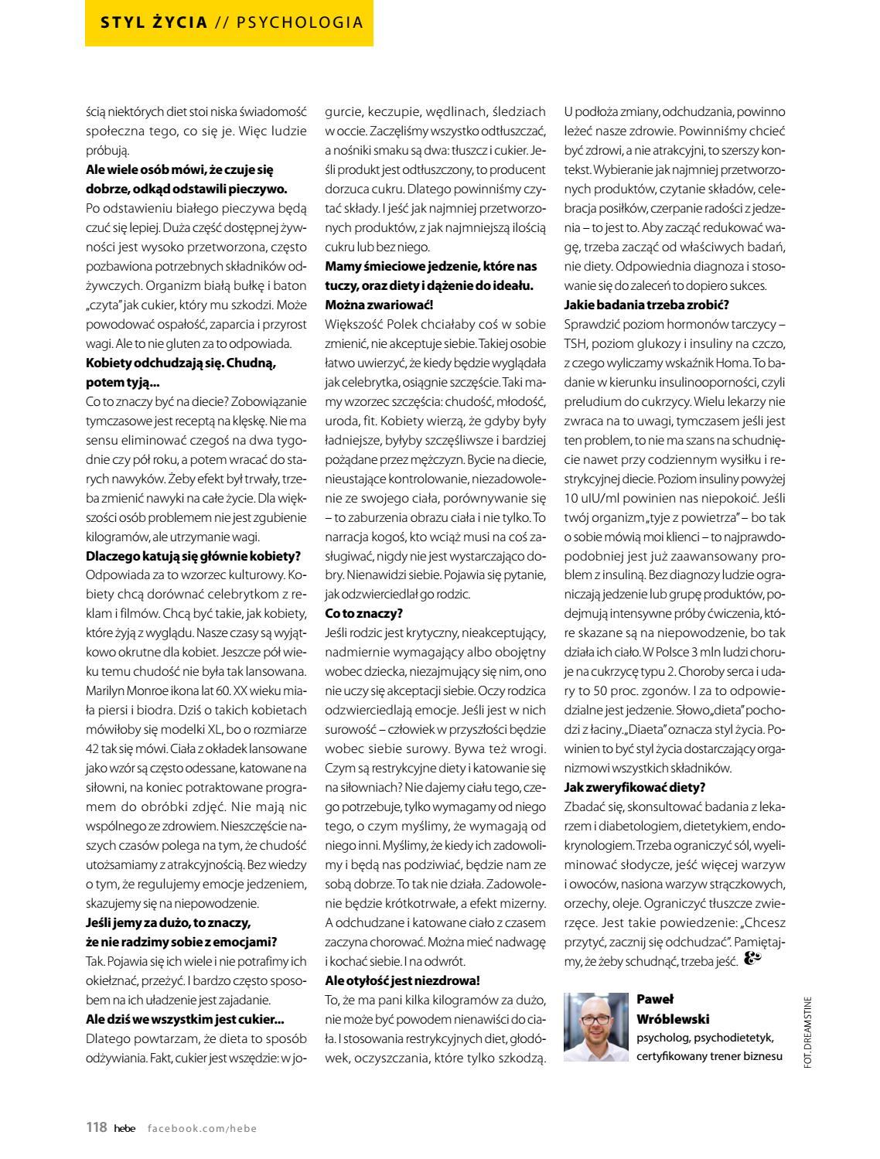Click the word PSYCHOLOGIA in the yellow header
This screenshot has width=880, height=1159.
point(299,22)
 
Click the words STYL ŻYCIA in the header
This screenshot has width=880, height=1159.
point(155,22)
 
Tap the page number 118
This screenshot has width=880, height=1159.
point(96,1127)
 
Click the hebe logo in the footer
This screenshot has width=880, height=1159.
point(124,1128)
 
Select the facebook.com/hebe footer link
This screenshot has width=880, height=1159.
point(202,1128)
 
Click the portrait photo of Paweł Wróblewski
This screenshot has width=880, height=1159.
point(596,1027)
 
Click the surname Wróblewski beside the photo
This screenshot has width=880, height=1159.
point(673,1018)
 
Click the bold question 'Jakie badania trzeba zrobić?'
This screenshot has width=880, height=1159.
point(646,304)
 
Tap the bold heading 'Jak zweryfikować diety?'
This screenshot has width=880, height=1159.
point(635,787)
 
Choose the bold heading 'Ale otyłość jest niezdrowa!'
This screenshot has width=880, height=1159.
point(402,980)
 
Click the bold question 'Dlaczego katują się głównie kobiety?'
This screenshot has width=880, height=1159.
point(193,556)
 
